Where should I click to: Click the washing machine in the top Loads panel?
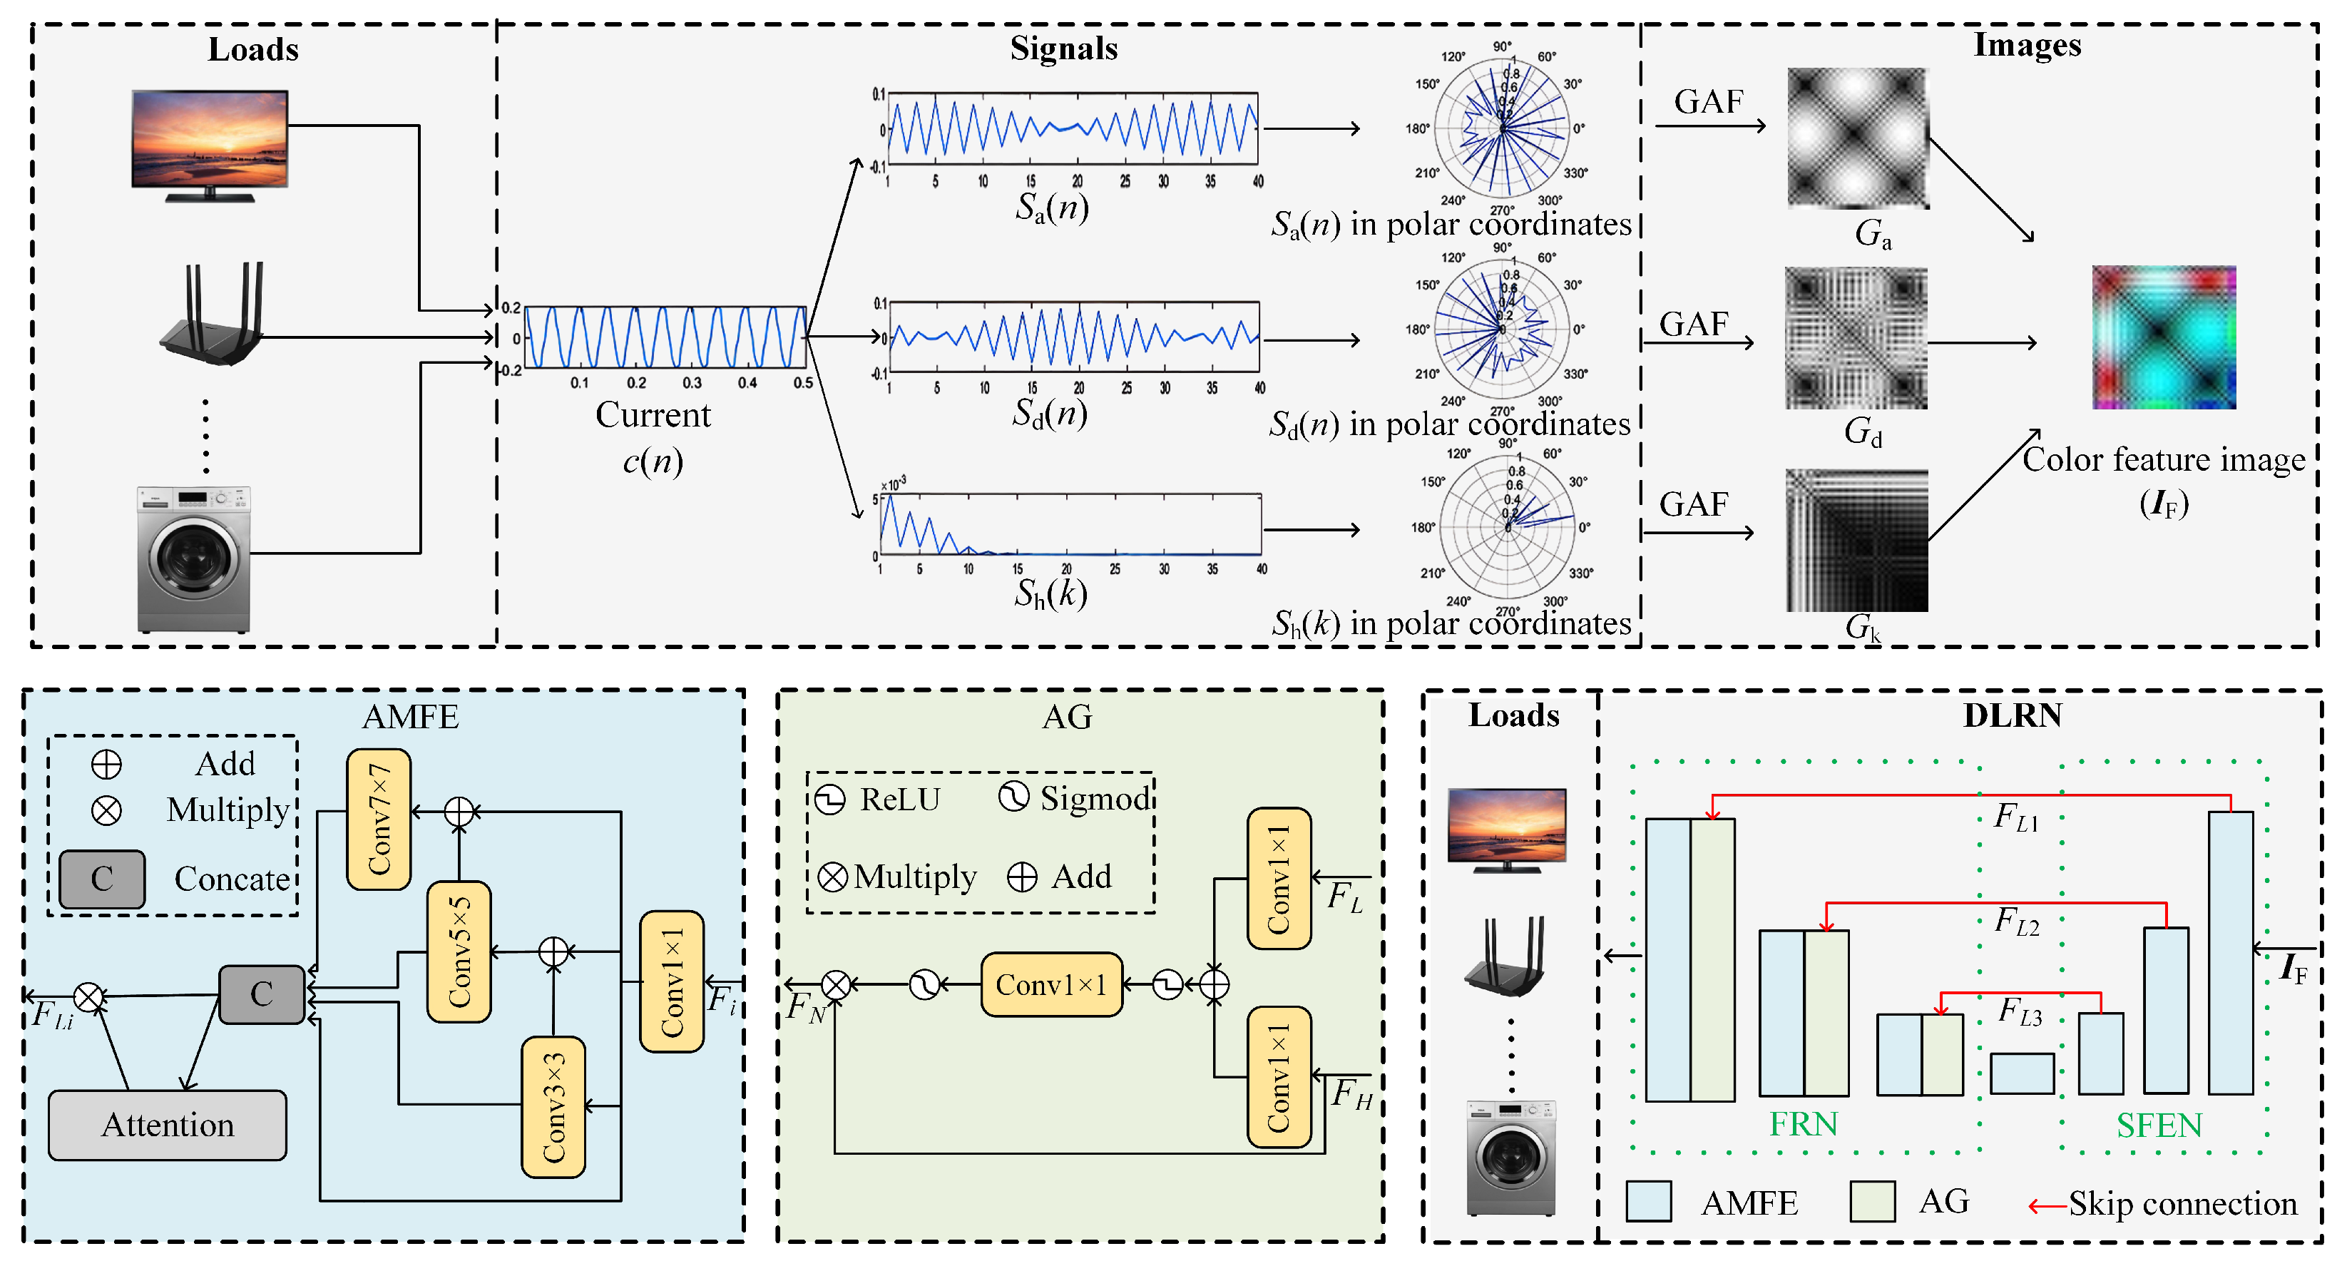pyautogui.click(x=193, y=558)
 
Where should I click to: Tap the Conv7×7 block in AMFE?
pyautogui.click(x=378, y=819)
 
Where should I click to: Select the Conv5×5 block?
pyautogui.click(x=459, y=951)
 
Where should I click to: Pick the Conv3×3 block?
pyautogui.click(x=553, y=1107)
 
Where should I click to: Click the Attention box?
pyautogui.click(x=167, y=1125)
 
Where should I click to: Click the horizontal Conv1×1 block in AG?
pyautogui.click(x=1050, y=985)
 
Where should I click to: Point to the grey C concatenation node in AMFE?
pyautogui.click(x=262, y=994)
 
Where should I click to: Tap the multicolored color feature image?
pyautogui.click(x=2163, y=337)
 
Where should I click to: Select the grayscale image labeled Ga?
pyautogui.click(x=1857, y=138)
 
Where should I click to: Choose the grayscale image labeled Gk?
pyautogui.click(x=1857, y=541)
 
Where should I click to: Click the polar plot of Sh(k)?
pyautogui.click(x=1508, y=526)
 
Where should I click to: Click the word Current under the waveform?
pyautogui.click(x=653, y=416)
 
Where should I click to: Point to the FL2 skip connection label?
pyautogui.click(x=2015, y=921)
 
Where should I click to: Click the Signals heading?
pyautogui.click(x=1063, y=49)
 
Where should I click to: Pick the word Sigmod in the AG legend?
pyautogui.click(x=1096, y=799)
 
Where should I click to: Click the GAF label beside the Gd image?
pyautogui.click(x=1693, y=325)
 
